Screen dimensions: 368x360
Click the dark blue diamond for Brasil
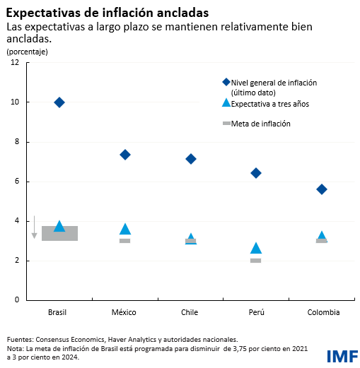click(59, 102)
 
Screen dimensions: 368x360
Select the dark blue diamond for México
click(125, 155)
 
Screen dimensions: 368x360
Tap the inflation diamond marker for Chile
click(190, 159)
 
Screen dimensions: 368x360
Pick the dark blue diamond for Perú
click(256, 173)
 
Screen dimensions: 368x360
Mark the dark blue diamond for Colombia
click(322, 189)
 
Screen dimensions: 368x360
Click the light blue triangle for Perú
click(256, 248)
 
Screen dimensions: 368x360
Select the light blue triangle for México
click(125, 229)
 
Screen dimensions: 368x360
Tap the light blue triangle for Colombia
click(322, 236)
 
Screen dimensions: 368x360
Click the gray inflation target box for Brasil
click(59, 234)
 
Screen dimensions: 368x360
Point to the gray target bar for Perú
click(256, 261)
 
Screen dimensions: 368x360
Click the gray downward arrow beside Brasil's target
click(34, 227)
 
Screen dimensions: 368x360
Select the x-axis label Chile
click(190, 312)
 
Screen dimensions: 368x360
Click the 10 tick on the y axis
click(15, 102)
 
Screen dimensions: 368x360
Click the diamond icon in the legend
click(226, 83)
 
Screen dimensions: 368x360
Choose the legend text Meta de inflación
click(261, 124)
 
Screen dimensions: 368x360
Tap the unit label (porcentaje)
click(26, 52)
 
